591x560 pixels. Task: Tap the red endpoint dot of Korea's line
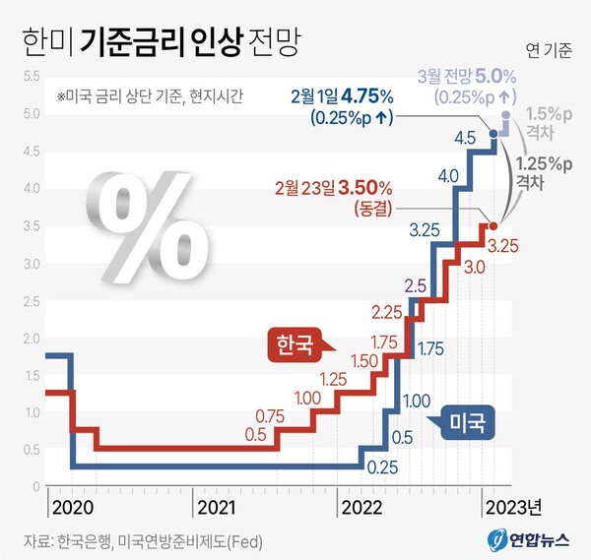coord(493,225)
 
